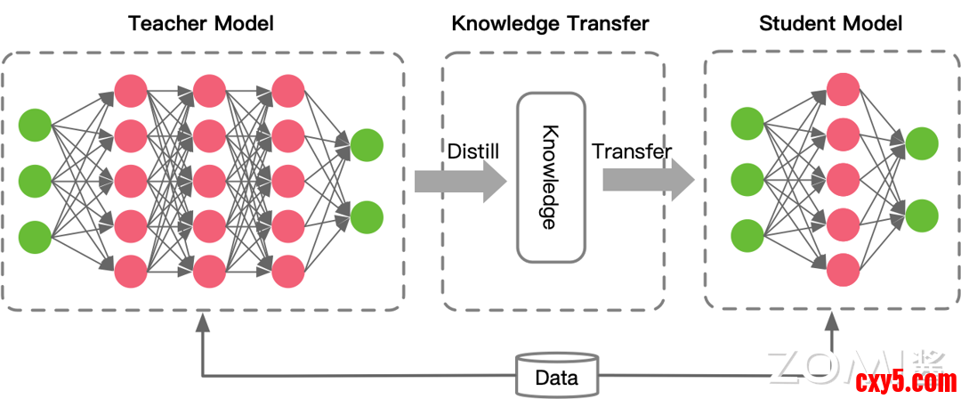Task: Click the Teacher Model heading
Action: (200, 23)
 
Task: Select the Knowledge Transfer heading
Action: (551, 23)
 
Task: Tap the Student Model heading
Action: (830, 23)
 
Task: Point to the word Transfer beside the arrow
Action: (632, 151)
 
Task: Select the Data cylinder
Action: (557, 377)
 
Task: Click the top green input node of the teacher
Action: (36, 124)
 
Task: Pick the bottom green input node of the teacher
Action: (36, 236)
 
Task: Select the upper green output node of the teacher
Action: (367, 144)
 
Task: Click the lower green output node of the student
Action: (922, 215)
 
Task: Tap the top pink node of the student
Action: (843, 90)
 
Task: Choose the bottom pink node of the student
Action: (843, 268)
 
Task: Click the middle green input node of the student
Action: (747, 179)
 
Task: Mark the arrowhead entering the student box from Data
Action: (834, 320)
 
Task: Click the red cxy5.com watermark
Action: (904, 382)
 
